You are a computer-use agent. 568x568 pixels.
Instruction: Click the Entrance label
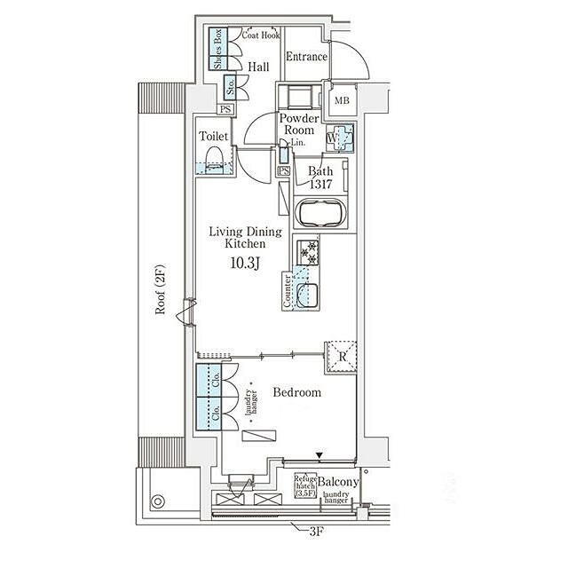(x=306, y=58)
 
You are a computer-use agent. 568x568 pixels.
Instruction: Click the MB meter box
(x=342, y=101)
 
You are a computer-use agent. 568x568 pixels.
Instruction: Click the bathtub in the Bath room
(x=318, y=214)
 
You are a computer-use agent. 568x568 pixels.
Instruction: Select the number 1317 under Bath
(x=320, y=184)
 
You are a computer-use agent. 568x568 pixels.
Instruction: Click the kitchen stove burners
(x=308, y=252)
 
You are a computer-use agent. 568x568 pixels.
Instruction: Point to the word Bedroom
(x=296, y=392)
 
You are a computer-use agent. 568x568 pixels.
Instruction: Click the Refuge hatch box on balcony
(x=306, y=485)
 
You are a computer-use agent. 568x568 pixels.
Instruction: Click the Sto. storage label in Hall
(x=230, y=89)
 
